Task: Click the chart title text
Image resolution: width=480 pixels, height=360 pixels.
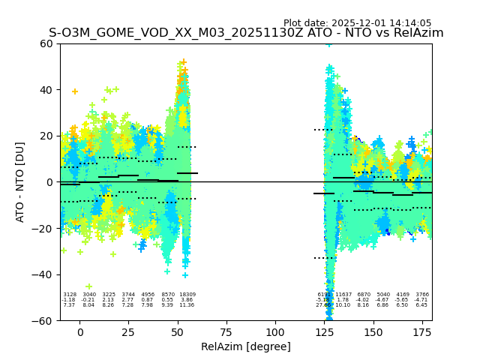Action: click(x=246, y=33)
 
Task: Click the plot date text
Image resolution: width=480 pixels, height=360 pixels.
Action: click(x=357, y=23)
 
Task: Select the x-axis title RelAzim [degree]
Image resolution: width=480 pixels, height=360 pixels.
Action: click(x=246, y=346)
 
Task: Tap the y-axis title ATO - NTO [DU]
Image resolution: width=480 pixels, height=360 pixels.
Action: click(x=20, y=181)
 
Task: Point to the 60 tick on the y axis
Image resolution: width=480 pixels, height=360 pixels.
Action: click(x=47, y=43)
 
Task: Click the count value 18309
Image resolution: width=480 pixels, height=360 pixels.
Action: click(x=187, y=295)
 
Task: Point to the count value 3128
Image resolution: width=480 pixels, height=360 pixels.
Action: click(x=70, y=295)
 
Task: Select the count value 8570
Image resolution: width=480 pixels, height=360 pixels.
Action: click(x=167, y=295)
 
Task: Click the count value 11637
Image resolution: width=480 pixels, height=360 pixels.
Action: click(x=343, y=295)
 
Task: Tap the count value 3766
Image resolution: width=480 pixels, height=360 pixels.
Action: click(x=422, y=295)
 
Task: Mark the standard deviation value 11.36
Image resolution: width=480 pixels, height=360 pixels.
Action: click(x=187, y=305)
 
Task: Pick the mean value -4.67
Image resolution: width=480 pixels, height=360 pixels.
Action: click(x=382, y=300)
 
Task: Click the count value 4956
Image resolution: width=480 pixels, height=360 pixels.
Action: click(x=148, y=295)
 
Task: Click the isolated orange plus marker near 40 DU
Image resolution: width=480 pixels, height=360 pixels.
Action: click(x=74, y=91)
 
